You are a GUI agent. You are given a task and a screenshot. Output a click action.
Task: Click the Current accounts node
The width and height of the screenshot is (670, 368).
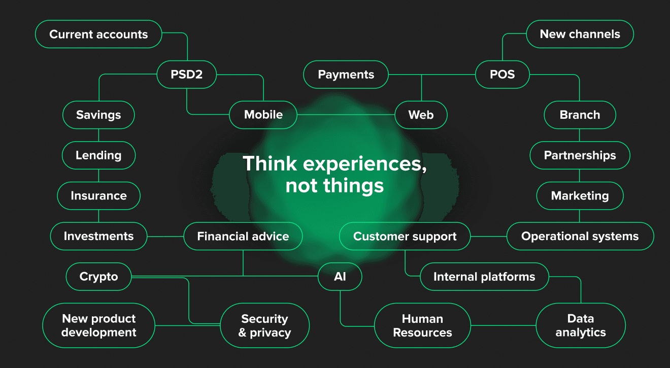[98, 34]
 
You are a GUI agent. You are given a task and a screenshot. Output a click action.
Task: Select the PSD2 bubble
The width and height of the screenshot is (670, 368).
[187, 75]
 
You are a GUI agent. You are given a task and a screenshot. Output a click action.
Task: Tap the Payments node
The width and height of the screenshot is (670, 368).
[346, 75]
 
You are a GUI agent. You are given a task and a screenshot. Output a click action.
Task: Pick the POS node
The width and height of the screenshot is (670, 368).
[502, 75]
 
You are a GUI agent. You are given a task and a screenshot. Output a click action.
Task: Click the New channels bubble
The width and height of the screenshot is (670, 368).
[580, 34]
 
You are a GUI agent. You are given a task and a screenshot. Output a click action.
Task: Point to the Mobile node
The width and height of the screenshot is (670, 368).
[263, 115]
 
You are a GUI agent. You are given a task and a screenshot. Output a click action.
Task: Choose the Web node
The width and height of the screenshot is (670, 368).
[421, 115]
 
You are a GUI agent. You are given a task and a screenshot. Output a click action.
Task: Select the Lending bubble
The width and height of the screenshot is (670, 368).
[98, 155]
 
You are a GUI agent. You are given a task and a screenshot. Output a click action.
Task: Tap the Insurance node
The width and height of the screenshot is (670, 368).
[98, 195]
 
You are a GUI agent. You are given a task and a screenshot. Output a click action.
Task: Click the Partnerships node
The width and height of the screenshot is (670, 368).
[580, 155]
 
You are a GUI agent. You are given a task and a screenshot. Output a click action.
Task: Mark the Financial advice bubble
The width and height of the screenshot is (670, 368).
[243, 236]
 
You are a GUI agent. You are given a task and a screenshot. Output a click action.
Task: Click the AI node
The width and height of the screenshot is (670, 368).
[340, 277]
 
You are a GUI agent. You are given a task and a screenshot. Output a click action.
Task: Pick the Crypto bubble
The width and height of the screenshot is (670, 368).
[98, 277]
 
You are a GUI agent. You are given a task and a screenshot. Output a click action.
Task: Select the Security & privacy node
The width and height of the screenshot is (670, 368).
[265, 325]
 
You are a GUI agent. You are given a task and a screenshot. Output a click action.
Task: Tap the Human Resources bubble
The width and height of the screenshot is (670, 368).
[422, 325]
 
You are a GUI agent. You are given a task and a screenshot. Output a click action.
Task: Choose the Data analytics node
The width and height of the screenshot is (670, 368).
[581, 325]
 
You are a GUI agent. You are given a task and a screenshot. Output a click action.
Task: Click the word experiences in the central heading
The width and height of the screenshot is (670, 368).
[365, 164]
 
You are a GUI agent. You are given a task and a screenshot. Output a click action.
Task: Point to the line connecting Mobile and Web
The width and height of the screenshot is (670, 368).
[346, 115]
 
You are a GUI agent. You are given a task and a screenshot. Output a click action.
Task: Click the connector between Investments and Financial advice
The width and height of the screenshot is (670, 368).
[165, 237]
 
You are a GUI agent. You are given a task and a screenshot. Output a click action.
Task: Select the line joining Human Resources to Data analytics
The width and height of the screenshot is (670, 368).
[504, 325]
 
